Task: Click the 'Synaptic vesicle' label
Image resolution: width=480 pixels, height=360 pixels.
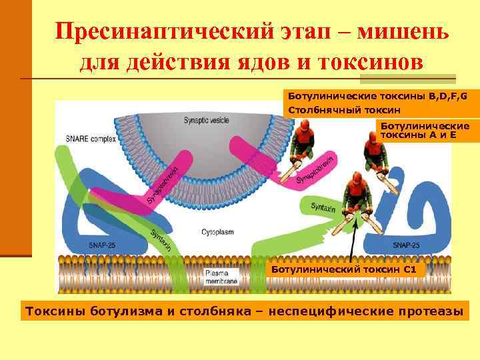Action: point(208,120)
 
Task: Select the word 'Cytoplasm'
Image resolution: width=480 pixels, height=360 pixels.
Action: point(217,232)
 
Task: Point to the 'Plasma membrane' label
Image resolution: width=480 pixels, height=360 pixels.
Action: point(217,277)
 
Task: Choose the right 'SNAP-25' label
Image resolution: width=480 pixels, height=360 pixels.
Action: point(405,245)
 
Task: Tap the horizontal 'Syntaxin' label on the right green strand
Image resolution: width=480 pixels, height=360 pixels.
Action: point(323,207)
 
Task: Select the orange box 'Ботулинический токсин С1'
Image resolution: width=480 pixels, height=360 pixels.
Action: point(344,269)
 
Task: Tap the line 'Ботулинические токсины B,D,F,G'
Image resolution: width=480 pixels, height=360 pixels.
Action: point(377,96)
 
